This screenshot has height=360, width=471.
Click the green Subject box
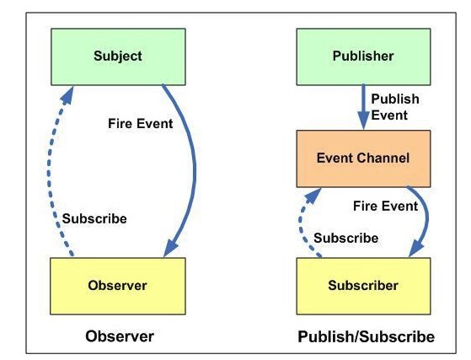(118, 56)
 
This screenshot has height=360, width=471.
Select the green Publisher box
(363, 56)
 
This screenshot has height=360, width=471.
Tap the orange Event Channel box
(363, 159)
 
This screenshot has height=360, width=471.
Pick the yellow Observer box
(118, 286)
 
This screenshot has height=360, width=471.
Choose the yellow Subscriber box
(363, 286)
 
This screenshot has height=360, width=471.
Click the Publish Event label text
(395, 107)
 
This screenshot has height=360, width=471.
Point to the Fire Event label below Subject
(140, 123)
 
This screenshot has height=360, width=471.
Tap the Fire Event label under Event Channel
(385, 207)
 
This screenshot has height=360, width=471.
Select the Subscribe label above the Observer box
(94, 218)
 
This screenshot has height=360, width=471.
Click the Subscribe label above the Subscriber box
(346, 238)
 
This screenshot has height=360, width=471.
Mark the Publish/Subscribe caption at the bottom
(367, 336)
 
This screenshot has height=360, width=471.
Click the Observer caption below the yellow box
(120, 336)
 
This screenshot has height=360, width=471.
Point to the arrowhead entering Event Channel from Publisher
(363, 121)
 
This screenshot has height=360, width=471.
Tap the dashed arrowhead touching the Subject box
(67, 95)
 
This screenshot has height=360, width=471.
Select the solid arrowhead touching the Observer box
(170, 247)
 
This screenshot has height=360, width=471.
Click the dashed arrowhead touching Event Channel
(313, 196)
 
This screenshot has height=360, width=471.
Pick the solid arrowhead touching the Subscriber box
(416, 248)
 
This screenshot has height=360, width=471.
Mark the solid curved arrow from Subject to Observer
(194, 169)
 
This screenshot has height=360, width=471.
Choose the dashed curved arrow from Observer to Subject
(49, 171)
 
